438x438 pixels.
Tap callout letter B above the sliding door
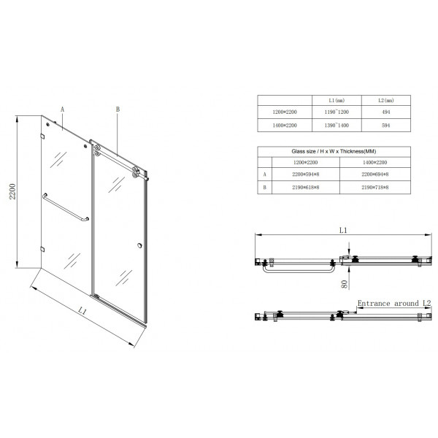[117, 109]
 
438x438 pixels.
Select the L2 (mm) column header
[387, 100]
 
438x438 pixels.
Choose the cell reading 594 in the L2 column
[387, 126]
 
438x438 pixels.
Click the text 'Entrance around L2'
[389, 302]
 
